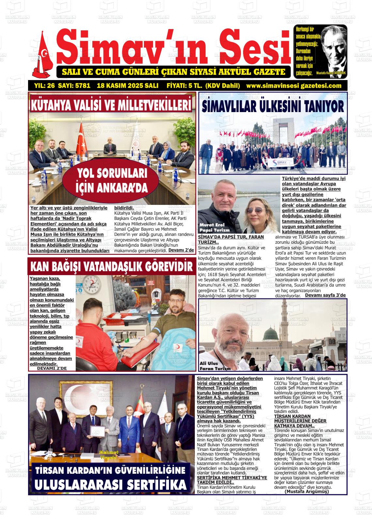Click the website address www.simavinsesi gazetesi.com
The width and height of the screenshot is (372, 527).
pos(294,86)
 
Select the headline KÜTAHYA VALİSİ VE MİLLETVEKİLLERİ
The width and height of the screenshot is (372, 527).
pos(111,105)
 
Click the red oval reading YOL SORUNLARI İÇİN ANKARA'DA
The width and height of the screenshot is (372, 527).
pos(111,180)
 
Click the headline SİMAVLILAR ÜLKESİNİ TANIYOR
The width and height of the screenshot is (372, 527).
pos(273,107)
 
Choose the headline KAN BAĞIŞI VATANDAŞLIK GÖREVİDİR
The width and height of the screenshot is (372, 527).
pos(111,267)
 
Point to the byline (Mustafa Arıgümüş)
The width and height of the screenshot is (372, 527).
pos(306,491)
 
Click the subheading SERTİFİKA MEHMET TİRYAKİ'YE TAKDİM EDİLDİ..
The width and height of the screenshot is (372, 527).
pos(232,480)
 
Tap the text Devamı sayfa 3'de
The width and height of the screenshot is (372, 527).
pos(325,295)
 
